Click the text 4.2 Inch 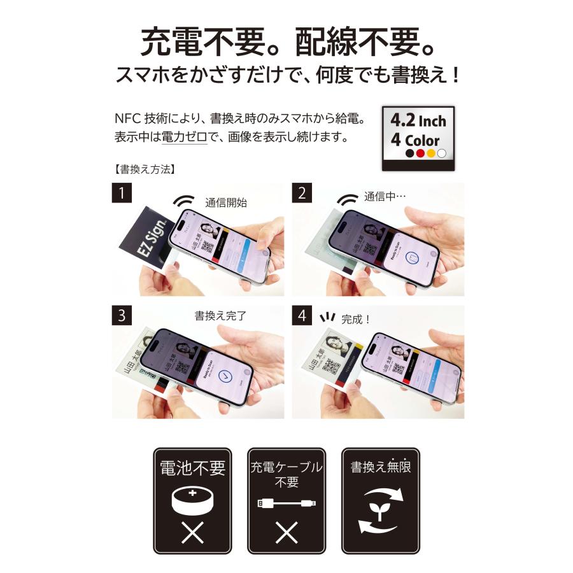(418, 120)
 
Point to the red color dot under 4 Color (420, 153)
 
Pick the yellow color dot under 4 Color (431, 153)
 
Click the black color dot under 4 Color (409, 153)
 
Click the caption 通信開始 (225, 204)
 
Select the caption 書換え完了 (220, 315)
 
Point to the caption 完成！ (356, 320)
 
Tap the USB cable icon (286, 504)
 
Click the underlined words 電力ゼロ (184, 136)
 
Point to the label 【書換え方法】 (139, 170)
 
